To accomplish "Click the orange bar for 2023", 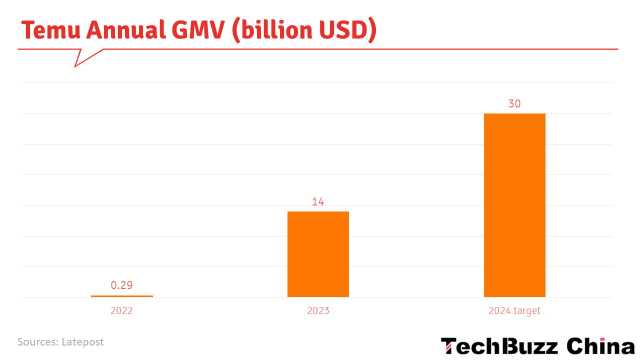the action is [x=318, y=254].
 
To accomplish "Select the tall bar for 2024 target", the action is [x=514, y=205].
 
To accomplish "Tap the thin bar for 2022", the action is [x=122, y=296].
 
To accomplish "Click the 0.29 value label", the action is [x=121, y=285].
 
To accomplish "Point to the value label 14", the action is [x=318, y=201].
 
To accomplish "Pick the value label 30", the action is [x=514, y=103].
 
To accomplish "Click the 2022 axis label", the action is [x=121, y=310].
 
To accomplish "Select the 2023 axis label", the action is [x=318, y=310].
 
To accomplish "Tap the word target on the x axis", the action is [x=527, y=311].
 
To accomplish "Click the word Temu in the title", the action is [x=51, y=30].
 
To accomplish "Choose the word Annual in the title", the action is [x=126, y=29].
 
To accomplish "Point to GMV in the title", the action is [x=198, y=29].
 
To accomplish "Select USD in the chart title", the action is [x=343, y=29].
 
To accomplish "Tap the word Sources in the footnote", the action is [x=38, y=342].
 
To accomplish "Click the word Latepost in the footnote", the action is [x=82, y=342].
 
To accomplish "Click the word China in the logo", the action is [x=600, y=346].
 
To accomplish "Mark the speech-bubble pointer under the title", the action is [x=85, y=57].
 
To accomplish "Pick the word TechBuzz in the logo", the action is [x=499, y=346].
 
